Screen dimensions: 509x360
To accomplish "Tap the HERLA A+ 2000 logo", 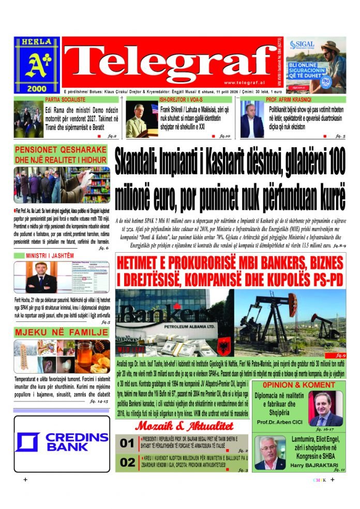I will point(37,65).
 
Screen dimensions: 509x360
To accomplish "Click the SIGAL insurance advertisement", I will point(316,65).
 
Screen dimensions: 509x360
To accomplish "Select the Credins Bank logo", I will point(62,443).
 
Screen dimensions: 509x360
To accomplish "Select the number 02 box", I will point(127,462).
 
